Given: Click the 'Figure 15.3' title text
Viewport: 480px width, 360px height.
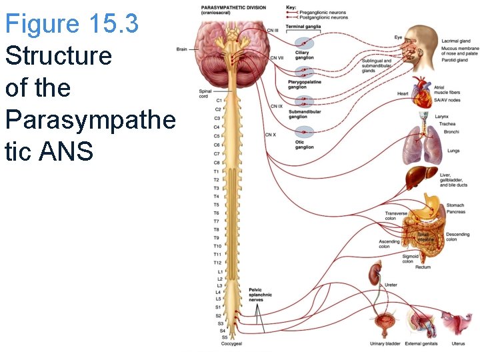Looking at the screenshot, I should click(x=71, y=24).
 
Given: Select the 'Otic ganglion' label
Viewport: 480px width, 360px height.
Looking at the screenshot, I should click(x=304, y=145).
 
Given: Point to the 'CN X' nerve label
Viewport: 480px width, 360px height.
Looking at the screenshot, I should click(x=270, y=135).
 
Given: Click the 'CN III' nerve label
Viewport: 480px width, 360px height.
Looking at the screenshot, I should click(x=273, y=31).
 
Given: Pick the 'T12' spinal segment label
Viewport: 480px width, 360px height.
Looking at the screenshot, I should click(x=217, y=263).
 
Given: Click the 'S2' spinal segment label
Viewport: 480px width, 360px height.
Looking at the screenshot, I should click(x=218, y=315).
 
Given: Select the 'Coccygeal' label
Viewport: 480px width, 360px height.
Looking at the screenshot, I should click(x=231, y=344).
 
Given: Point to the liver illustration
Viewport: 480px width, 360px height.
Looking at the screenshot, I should click(x=420, y=179).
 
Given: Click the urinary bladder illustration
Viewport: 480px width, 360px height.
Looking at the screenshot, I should click(x=385, y=325).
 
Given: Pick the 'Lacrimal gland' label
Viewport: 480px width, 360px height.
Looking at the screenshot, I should click(x=455, y=41).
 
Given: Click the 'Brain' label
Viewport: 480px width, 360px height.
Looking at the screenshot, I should click(x=181, y=49).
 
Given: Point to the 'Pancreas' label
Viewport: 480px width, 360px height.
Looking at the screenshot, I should click(x=456, y=212).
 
